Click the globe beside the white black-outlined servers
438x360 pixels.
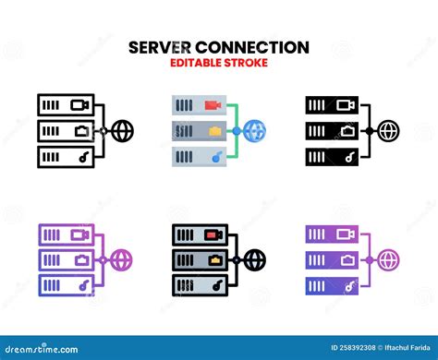click(122, 131)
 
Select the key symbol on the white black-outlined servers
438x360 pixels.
click(80, 158)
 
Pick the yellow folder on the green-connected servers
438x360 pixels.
click(215, 131)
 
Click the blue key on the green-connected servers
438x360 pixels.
click(215, 158)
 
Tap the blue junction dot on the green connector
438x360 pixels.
click(237, 131)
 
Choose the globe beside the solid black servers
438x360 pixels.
click(390, 131)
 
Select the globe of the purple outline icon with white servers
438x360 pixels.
click(122, 258)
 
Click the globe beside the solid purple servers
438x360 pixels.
click(390, 258)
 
